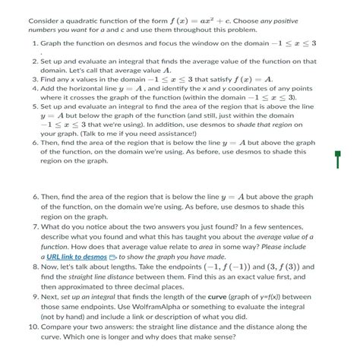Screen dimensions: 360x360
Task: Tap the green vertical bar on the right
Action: (x=336, y=159)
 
